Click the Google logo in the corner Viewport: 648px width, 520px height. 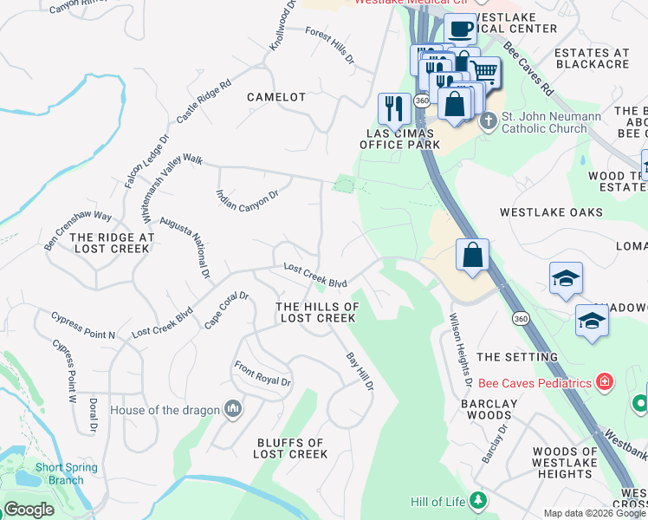pos(29,510)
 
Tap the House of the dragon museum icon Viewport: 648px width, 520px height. pos(232,408)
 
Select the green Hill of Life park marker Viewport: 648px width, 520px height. pos(477,501)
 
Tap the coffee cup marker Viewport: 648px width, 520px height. pos(461,29)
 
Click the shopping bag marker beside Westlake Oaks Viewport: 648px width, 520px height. pos(472,256)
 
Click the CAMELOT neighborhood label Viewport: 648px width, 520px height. pos(276,97)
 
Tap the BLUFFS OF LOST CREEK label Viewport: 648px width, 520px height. pos(291,448)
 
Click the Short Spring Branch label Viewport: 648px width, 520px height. pos(61,473)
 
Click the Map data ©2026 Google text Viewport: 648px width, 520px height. pos(593,513)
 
